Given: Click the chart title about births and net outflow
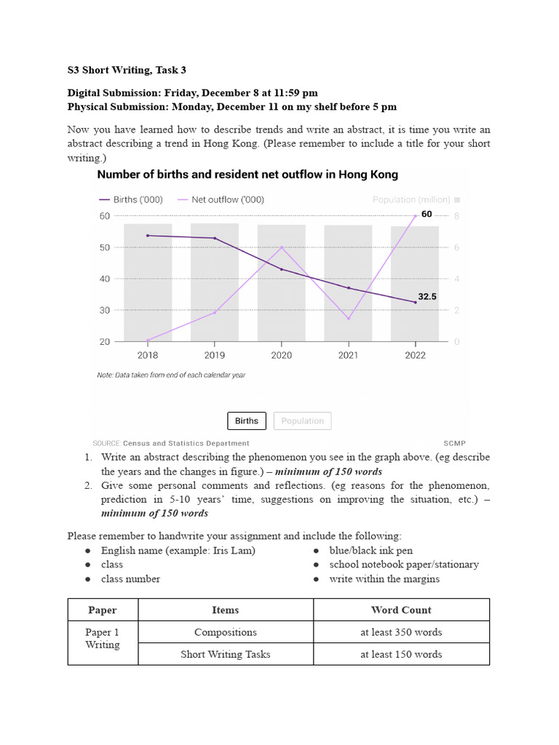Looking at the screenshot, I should point(247,175).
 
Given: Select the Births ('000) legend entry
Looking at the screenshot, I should point(131,199).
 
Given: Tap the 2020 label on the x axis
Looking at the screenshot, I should point(282,355).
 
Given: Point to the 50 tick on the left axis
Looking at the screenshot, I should point(104,247).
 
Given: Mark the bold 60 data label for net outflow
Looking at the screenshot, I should point(427,214).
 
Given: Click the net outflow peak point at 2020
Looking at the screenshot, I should point(282,247).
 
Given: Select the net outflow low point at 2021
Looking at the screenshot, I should point(349,319).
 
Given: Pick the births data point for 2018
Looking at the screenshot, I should point(148,236).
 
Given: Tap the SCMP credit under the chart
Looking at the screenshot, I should point(454,443).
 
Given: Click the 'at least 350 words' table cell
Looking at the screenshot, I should point(401,632).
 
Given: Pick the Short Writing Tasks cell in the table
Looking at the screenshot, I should point(226,654).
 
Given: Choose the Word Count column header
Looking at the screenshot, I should point(401,610).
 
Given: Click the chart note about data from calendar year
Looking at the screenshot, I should point(171,375).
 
